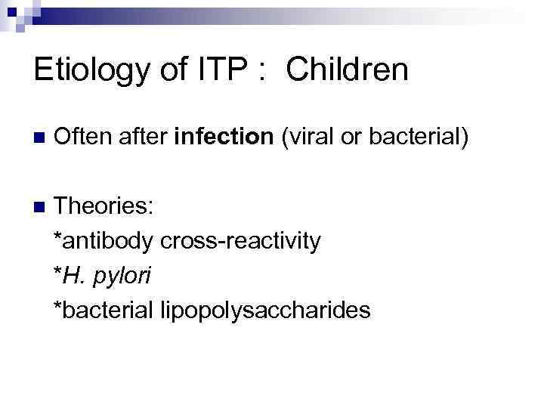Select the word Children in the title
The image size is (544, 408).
[348, 70]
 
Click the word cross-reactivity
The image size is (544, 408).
[241, 241]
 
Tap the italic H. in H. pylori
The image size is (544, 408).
[72, 276]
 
